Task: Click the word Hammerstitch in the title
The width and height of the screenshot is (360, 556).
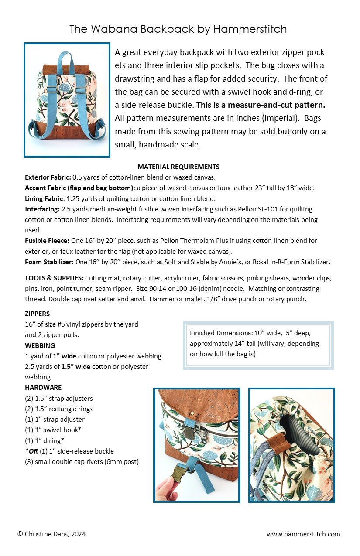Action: coord(250,29)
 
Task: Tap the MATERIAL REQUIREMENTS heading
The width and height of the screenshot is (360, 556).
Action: coord(178,167)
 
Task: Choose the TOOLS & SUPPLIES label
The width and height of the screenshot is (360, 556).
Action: coord(54,278)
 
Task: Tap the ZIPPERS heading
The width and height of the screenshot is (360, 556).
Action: coord(38,314)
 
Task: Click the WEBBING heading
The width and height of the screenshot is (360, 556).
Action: coord(40,345)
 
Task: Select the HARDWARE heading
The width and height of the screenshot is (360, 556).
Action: coord(43,387)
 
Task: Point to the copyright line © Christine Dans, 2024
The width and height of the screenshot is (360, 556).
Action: coord(51,534)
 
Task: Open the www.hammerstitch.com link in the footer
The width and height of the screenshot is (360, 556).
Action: coord(303,534)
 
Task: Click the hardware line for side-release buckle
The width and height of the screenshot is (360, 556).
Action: coord(69,451)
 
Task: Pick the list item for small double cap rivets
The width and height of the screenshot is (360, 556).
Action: coord(82,461)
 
